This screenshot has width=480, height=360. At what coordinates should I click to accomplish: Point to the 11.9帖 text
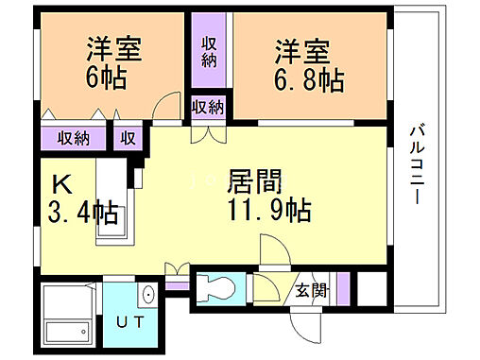coord(267,207)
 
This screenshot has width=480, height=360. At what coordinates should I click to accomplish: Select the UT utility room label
coord(131,322)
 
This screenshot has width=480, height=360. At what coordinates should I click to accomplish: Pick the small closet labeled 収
coord(128,138)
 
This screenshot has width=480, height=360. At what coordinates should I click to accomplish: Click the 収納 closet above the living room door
coord(208,107)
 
